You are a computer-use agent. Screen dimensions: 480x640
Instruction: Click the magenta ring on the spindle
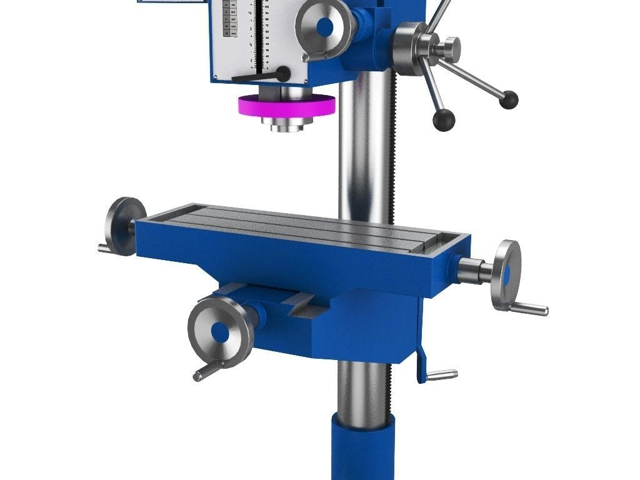(x=286, y=106)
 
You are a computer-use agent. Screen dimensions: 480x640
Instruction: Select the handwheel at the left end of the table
(x=124, y=225)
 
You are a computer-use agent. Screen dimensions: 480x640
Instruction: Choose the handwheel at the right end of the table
(x=506, y=274)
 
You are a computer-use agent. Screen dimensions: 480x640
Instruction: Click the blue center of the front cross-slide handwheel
(x=219, y=332)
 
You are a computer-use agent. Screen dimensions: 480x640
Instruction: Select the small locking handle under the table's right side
(x=441, y=375)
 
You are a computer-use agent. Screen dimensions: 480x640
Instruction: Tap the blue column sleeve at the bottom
(x=362, y=450)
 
